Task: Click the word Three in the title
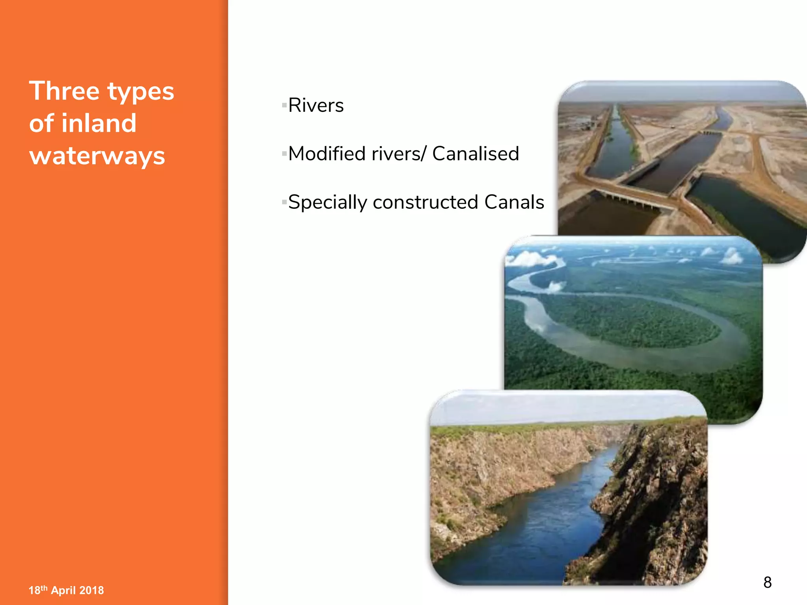[64, 91]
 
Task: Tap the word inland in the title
[99, 123]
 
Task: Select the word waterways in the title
[97, 156]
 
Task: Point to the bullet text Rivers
[316, 106]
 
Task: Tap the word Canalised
[475, 154]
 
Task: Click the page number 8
[767, 582]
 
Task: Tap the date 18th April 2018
[66, 590]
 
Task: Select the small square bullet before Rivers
[284, 106]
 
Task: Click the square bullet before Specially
[284, 202]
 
